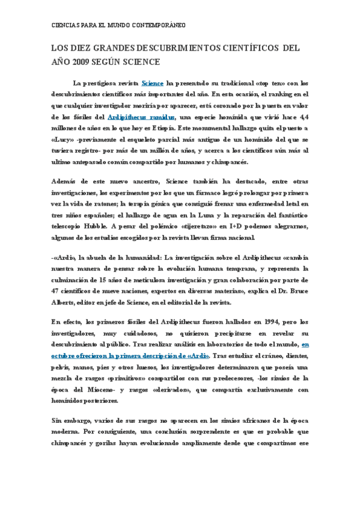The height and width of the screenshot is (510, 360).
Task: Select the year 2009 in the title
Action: point(86,61)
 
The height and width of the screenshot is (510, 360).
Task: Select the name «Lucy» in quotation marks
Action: point(62,140)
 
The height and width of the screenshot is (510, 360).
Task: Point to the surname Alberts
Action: point(65,303)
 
